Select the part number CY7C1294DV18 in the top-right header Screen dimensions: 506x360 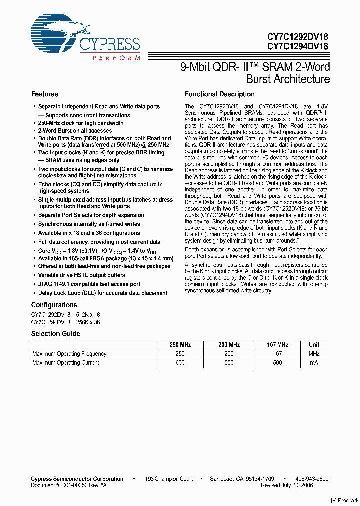(298, 47)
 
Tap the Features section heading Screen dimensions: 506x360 (44, 94)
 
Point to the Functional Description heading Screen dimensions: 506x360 (219, 94)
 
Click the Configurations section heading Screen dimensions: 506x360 (54, 305)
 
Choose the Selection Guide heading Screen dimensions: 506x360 (56, 334)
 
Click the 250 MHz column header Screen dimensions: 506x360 (180, 345)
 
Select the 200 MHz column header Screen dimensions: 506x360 (229, 345)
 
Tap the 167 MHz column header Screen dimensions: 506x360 (278, 345)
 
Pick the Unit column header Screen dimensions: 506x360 (314, 345)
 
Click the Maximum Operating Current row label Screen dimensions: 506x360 (66, 363)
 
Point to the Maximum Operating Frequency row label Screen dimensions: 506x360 (69, 354)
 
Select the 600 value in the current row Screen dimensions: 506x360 (180, 363)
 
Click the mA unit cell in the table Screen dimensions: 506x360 (314, 363)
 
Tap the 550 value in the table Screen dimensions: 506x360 (229, 363)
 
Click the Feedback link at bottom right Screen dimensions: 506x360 (345, 500)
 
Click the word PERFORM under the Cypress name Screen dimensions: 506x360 (116, 58)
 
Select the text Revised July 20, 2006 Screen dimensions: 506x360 (287, 485)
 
